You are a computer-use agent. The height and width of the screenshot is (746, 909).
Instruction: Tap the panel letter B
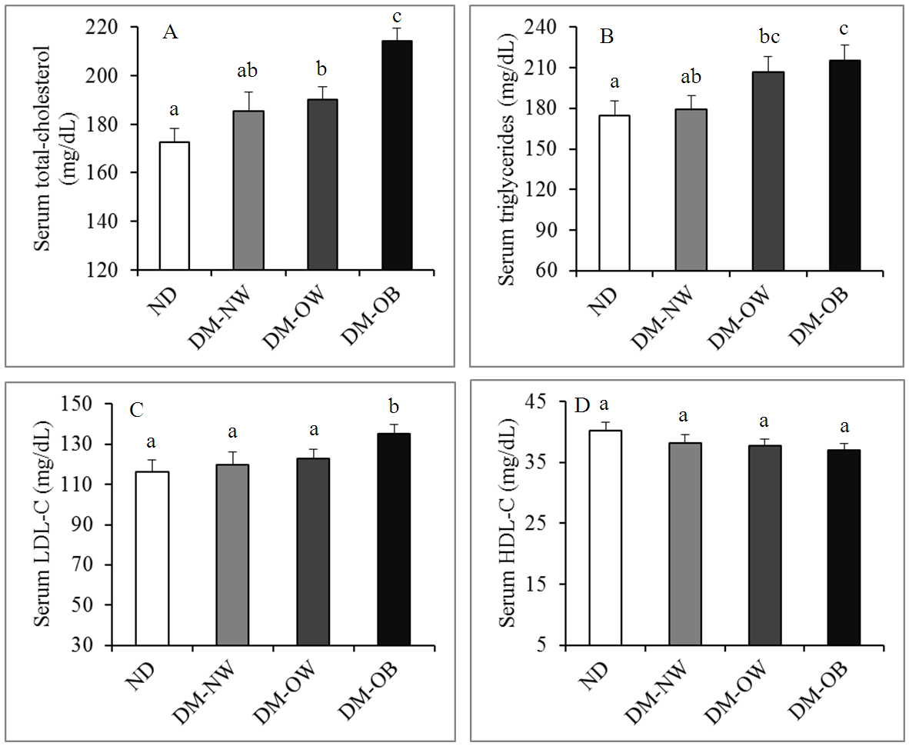(x=607, y=37)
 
